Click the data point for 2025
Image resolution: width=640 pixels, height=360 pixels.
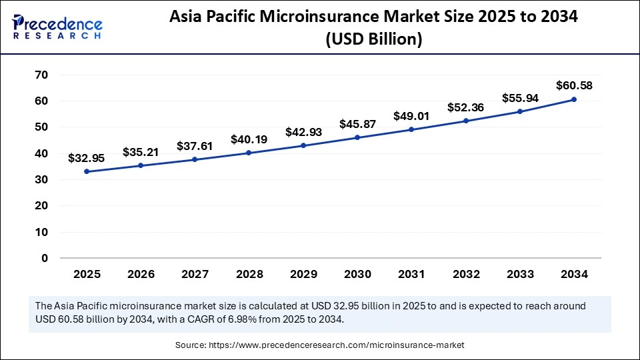[x=87, y=171]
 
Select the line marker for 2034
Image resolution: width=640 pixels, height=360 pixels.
[x=573, y=99]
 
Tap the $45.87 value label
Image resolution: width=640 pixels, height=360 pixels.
[x=357, y=124]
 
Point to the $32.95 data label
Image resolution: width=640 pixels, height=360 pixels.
[x=87, y=158]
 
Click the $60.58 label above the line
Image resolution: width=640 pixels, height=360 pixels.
[x=573, y=86]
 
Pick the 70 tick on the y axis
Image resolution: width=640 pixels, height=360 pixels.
[x=41, y=75]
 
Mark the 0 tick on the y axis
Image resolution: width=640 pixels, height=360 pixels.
[x=45, y=258]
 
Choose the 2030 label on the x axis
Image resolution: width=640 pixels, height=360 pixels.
[x=357, y=274]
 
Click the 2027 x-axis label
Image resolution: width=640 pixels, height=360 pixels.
[x=195, y=274]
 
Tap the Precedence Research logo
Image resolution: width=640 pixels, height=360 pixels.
[x=57, y=25]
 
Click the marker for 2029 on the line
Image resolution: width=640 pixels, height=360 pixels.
[x=303, y=145]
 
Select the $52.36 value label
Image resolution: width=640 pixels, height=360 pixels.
[x=465, y=107]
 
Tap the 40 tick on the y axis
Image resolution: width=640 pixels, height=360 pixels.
[x=41, y=153]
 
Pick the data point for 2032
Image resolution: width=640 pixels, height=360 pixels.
[x=465, y=121]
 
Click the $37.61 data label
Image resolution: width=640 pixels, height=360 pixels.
[x=195, y=146]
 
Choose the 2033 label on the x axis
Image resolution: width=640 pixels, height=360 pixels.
[x=519, y=274]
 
